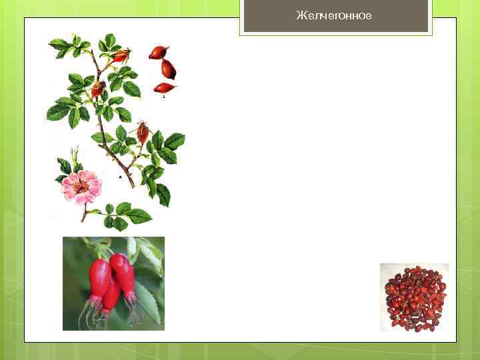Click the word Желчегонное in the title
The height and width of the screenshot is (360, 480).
click(334, 15)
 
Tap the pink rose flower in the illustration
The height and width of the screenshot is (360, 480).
click(81, 187)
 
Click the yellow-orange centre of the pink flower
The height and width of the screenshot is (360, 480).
click(81, 187)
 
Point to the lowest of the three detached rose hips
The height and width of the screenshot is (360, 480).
click(164, 87)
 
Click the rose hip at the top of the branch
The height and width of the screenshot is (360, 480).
click(120, 56)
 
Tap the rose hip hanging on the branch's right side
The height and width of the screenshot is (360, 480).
click(143, 132)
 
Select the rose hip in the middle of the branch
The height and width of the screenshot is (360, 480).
click(97, 89)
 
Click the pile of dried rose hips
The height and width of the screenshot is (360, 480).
click(414, 297)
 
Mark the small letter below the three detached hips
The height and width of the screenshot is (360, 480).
click(164, 97)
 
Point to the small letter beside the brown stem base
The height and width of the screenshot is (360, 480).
click(120, 177)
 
